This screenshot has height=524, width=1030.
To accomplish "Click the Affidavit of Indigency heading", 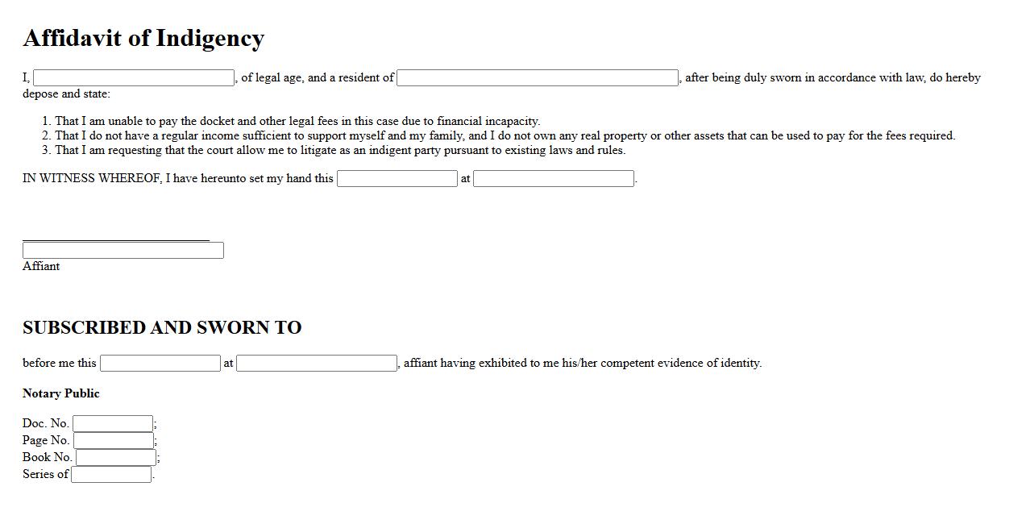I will (143, 38).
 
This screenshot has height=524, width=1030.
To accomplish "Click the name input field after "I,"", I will (134, 78).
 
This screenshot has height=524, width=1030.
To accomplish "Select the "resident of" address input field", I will (538, 78).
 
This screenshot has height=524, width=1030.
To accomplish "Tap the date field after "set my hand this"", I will (397, 179).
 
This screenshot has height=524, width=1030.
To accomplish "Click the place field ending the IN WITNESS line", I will (554, 179).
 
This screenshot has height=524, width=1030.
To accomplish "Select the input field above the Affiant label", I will (123, 251).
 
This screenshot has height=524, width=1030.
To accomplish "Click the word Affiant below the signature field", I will (41, 266).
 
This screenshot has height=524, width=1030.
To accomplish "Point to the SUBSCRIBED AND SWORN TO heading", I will (162, 327).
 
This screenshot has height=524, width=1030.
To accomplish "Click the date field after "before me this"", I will (160, 364).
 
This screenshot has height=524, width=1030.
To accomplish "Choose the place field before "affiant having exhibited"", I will (317, 364).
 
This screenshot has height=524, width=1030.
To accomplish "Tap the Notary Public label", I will (61, 393).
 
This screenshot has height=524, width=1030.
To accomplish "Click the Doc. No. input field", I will (113, 424).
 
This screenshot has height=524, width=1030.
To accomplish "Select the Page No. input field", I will (114, 441).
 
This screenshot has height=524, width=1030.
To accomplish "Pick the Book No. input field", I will (116, 458).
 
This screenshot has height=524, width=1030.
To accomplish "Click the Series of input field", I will (111, 475).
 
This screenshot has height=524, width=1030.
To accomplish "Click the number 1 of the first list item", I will (46, 121).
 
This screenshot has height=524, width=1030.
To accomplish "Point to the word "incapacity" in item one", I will (512, 121).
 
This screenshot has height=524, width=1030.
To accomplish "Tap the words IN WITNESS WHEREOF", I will (92, 178).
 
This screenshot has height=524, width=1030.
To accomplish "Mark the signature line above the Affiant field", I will (116, 239).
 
